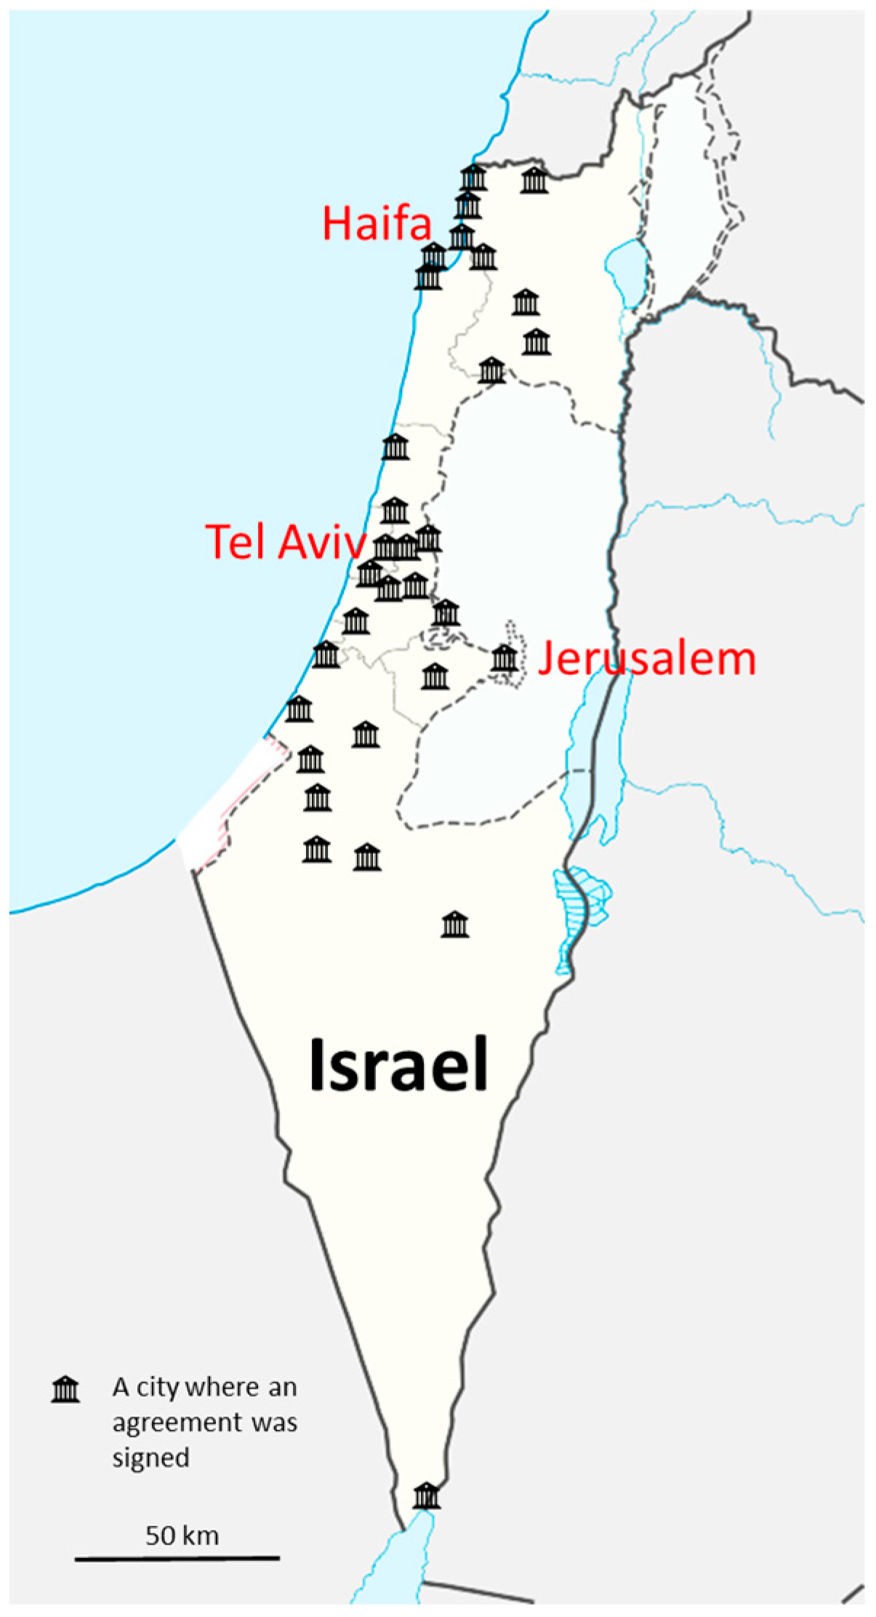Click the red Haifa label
pos(377,223)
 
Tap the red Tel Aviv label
pos(285,541)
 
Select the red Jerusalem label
pos(646,659)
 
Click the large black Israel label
pos(398,1065)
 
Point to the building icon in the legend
pos(65,1389)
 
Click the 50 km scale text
pos(182,1535)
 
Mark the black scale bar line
pos(177,1558)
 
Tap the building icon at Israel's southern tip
pos(426,1496)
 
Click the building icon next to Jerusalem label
pos(505,658)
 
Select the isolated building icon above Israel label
pos(455,925)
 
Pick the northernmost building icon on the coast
pos(473,177)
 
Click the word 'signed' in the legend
pos(150,1458)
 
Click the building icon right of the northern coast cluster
pos(534,180)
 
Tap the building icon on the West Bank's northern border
pos(491,370)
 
